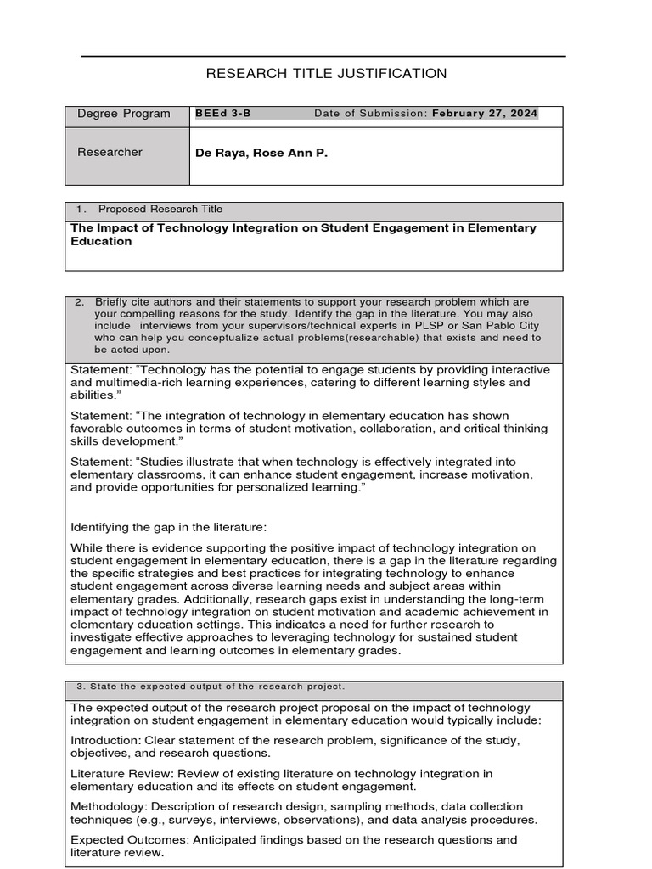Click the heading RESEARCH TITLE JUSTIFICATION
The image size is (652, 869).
326,74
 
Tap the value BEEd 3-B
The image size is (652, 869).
223,114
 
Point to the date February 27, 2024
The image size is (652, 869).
485,114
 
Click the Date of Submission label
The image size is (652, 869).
370,114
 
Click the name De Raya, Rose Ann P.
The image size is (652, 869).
261,154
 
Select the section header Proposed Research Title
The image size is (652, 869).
160,210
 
